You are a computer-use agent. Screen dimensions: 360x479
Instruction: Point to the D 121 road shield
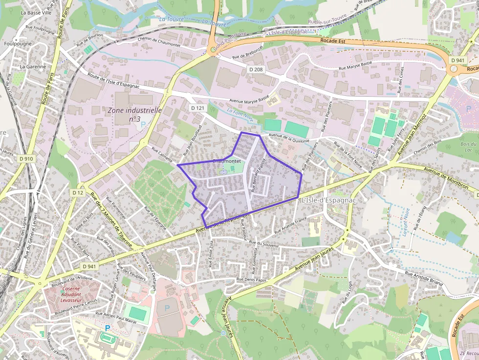coord(197,107)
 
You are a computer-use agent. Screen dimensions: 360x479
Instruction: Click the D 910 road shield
coord(26,159)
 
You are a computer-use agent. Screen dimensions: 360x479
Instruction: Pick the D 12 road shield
coord(78,192)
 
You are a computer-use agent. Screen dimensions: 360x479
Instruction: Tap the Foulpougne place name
coord(17,43)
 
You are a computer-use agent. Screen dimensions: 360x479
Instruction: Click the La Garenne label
coord(33,66)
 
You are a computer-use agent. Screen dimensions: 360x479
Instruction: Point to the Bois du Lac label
coord(468,147)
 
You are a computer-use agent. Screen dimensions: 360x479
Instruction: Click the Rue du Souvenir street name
coord(263,243)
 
